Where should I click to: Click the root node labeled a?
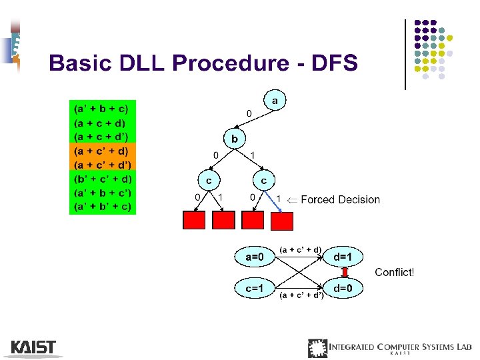(275, 101)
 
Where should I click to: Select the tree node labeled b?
(234, 139)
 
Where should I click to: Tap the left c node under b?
(209, 180)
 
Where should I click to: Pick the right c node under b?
(264, 180)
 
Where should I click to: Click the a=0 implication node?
(254, 257)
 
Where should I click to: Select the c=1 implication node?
(254, 288)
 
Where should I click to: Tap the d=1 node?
(348, 257)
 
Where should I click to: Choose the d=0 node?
(348, 288)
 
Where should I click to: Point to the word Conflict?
(394, 272)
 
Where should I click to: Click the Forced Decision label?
(340, 199)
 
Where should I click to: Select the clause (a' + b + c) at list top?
(103, 108)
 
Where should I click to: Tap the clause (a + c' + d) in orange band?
(103, 151)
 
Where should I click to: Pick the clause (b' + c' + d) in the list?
(103, 179)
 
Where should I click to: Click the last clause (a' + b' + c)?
(103, 207)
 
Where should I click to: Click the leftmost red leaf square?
(194, 219)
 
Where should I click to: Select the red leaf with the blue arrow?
(282, 219)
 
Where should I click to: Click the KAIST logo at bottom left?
(33, 347)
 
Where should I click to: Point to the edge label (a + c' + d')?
(301, 295)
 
